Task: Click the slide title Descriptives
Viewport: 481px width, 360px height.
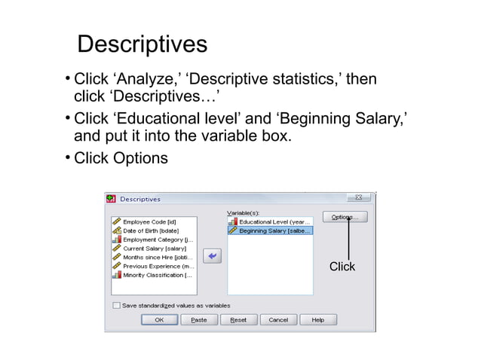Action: coord(142,44)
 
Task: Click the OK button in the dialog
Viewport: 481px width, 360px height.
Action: coord(159,320)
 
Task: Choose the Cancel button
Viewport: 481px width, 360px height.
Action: coord(277,320)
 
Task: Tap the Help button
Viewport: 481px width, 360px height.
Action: coord(317,320)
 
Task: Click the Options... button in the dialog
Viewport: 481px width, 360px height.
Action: coord(345,217)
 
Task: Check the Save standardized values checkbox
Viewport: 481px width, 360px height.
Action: coord(116,306)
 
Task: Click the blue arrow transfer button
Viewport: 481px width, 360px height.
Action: coord(213,257)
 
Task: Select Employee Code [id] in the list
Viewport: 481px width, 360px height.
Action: coord(149,222)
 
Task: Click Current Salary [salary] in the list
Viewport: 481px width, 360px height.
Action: coord(154,249)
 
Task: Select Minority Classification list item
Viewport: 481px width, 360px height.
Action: coord(157,275)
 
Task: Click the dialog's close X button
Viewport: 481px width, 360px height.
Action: coord(358,198)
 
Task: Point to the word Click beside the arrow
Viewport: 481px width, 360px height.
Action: coord(342,267)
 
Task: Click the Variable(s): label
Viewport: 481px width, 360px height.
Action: coord(244,213)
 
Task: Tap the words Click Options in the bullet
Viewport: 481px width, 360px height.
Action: coord(121,159)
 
